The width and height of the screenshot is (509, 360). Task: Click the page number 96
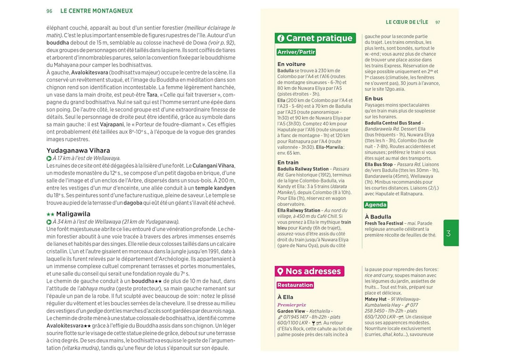(x=49, y=11)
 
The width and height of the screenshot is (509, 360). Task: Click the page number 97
(x=438, y=22)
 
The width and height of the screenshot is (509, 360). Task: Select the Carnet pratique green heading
(x=320, y=38)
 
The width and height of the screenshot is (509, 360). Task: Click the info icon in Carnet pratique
(x=281, y=39)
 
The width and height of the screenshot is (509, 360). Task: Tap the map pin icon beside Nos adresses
(x=280, y=271)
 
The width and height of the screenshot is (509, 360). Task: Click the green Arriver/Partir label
(x=296, y=52)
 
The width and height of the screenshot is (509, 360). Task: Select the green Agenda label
(x=376, y=205)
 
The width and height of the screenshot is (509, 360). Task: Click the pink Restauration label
(x=295, y=285)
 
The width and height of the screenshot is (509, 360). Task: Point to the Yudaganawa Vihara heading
(x=78, y=151)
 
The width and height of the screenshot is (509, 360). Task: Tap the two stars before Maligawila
(x=50, y=214)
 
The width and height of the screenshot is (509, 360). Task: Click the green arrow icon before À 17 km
(x=49, y=158)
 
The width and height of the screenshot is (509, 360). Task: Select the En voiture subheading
(x=291, y=64)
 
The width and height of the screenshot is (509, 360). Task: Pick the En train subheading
(x=288, y=162)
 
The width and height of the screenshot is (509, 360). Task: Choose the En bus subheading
(x=374, y=98)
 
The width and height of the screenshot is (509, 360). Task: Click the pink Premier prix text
(x=292, y=305)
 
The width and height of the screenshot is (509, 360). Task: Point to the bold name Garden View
(x=291, y=311)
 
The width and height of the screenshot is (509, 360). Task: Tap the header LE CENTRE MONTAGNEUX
(x=97, y=11)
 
